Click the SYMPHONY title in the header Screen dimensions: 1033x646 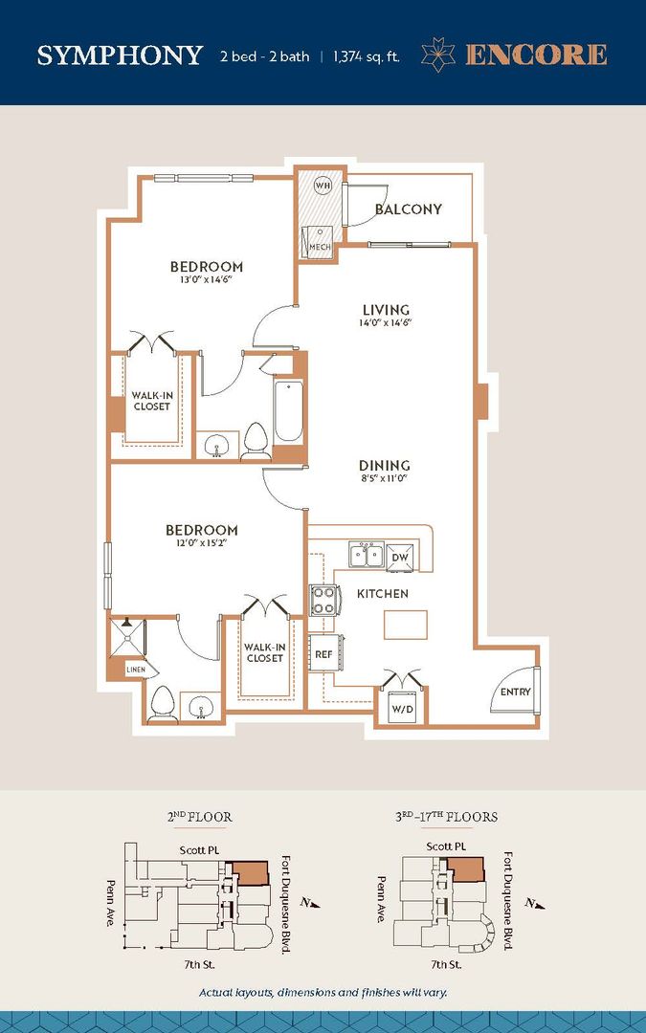pyautogui.click(x=120, y=55)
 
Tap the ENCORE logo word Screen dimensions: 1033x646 pyautogui.click(x=535, y=55)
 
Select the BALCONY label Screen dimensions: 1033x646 pyautogui.click(x=408, y=209)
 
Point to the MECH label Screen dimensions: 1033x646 pyautogui.click(x=319, y=247)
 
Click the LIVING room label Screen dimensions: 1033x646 pyautogui.click(x=386, y=310)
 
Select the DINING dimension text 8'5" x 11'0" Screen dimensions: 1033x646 pyautogui.click(x=386, y=478)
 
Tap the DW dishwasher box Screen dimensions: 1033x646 pyautogui.click(x=401, y=557)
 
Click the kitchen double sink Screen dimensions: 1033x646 pyautogui.click(x=366, y=555)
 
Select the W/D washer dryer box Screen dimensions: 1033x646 pyautogui.click(x=402, y=709)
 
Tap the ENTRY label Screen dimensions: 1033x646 pyautogui.click(x=515, y=692)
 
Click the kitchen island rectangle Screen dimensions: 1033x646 pyautogui.click(x=406, y=625)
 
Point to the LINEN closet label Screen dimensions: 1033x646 pyautogui.click(x=136, y=670)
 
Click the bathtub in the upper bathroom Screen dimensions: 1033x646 pyautogui.click(x=289, y=411)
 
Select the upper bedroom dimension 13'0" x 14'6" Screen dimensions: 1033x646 pyautogui.click(x=206, y=281)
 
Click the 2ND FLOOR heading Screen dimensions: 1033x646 pyautogui.click(x=199, y=817)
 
